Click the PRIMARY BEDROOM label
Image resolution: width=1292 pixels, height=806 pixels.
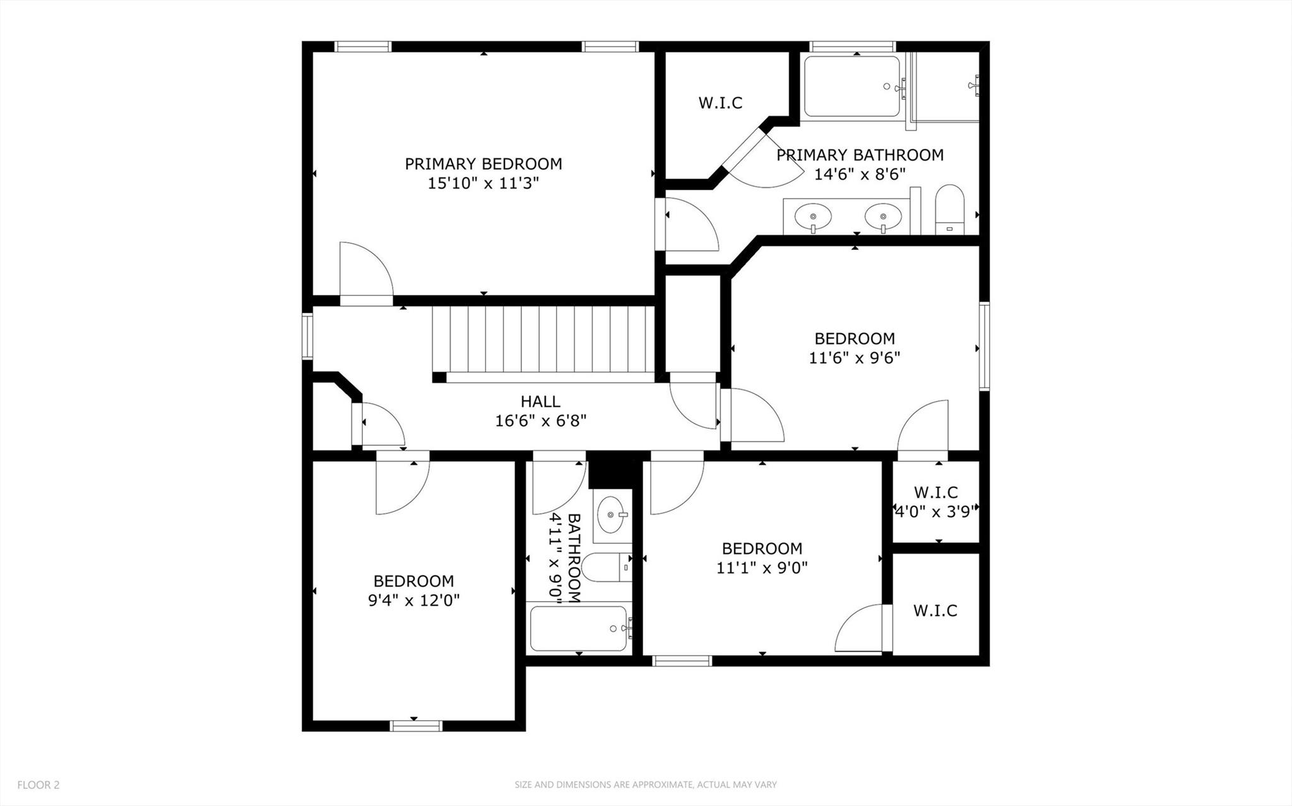[x=483, y=164]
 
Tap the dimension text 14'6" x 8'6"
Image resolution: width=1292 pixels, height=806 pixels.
[x=860, y=174]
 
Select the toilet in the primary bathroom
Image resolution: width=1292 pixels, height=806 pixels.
[x=949, y=209]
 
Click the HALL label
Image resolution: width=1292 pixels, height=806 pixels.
[x=540, y=401]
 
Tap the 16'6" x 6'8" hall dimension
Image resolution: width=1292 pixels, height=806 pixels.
[x=540, y=421]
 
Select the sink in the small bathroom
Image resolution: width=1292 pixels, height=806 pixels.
[x=611, y=515]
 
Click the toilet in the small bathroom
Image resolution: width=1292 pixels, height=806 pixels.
[x=605, y=567]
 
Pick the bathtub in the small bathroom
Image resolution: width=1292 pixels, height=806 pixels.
[x=579, y=629]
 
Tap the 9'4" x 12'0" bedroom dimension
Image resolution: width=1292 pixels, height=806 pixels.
[x=413, y=600]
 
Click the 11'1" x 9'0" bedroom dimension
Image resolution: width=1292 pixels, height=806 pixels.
[x=762, y=568]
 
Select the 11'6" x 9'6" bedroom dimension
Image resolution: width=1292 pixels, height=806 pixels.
[x=854, y=358]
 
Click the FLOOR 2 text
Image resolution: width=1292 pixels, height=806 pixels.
[x=38, y=785]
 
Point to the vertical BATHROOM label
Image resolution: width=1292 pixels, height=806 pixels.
[x=574, y=558]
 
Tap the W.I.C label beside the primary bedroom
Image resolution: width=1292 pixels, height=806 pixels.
[x=720, y=103]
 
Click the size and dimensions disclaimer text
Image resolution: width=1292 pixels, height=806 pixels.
[x=645, y=785]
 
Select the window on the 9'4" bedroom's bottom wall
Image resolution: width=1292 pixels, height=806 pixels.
[x=415, y=726]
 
